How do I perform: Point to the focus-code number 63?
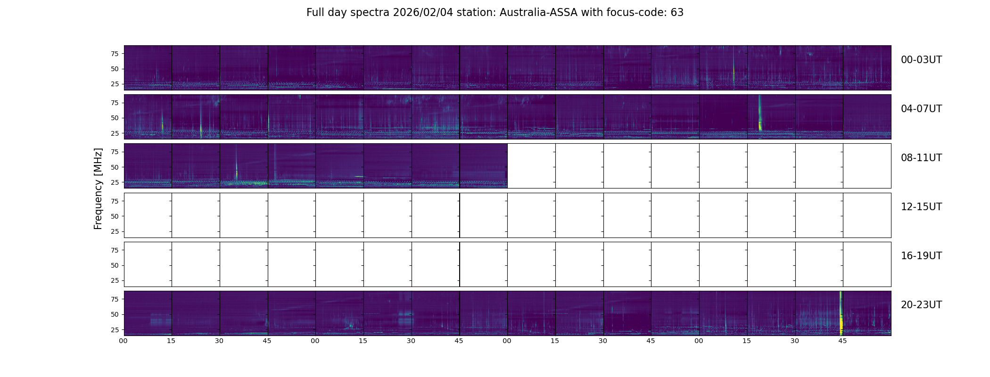(x=677, y=13)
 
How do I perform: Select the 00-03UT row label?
(x=921, y=60)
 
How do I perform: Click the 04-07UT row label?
(x=921, y=109)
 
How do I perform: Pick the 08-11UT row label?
(x=921, y=158)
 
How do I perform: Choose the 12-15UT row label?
(x=921, y=207)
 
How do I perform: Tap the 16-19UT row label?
(x=921, y=256)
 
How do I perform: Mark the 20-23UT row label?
(x=921, y=305)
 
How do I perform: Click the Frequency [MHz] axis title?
(x=98, y=188)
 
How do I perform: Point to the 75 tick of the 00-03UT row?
(x=115, y=54)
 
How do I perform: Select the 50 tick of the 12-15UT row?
(x=115, y=216)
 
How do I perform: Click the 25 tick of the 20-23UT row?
(x=115, y=330)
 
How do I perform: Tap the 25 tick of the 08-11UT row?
(x=115, y=182)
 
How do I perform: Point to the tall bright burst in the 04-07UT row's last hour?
(x=759, y=118)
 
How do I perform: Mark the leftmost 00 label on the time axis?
(x=124, y=341)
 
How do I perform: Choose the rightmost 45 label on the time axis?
(x=842, y=341)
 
